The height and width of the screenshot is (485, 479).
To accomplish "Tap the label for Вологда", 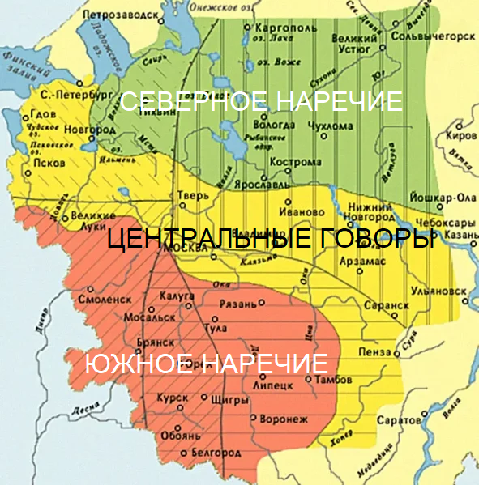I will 273,126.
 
